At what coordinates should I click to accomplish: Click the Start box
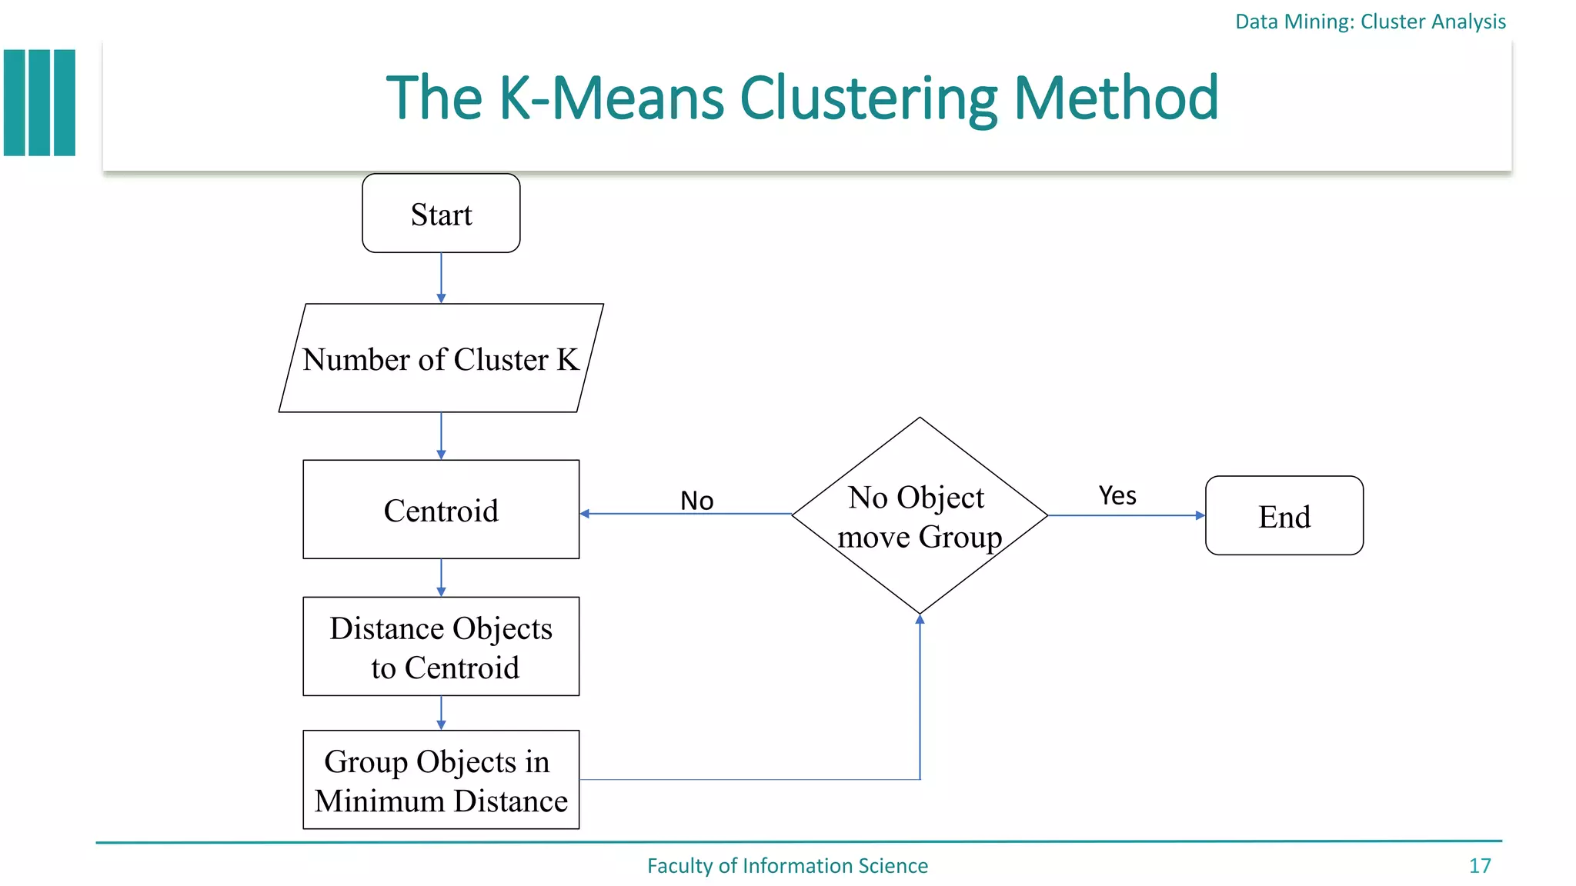pyautogui.click(x=441, y=213)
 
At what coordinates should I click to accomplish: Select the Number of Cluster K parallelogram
pyautogui.click(x=441, y=358)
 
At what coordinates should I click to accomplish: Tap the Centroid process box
pyautogui.click(x=441, y=509)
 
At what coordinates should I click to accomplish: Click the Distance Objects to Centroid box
pyautogui.click(x=441, y=647)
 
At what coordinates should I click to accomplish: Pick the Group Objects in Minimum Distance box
pyautogui.click(x=441, y=780)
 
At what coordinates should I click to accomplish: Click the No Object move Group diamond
pyautogui.click(x=920, y=516)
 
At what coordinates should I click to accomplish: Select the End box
pyautogui.click(x=1284, y=515)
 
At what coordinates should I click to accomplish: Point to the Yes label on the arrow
pyautogui.click(x=1117, y=496)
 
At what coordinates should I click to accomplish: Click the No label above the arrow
pyautogui.click(x=696, y=501)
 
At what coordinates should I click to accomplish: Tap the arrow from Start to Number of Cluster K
pyautogui.click(x=441, y=278)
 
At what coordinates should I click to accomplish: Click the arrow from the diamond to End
pyautogui.click(x=1125, y=515)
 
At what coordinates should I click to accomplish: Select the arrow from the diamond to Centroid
pyautogui.click(x=685, y=514)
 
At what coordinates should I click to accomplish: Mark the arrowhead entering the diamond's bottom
pyautogui.click(x=920, y=620)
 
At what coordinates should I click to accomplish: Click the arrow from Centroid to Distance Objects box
pyautogui.click(x=441, y=578)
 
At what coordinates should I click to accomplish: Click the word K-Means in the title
pyautogui.click(x=611, y=98)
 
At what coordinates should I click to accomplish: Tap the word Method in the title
pyautogui.click(x=1116, y=98)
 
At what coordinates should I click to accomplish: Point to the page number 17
pyautogui.click(x=1479, y=866)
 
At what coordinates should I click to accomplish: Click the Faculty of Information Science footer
pyautogui.click(x=787, y=866)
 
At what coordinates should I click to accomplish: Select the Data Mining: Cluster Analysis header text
pyautogui.click(x=1370, y=22)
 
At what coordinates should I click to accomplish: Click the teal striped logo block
pyautogui.click(x=40, y=103)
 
